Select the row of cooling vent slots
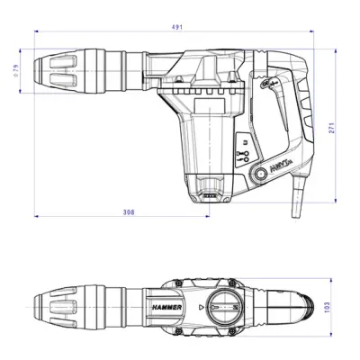tap(202, 97)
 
